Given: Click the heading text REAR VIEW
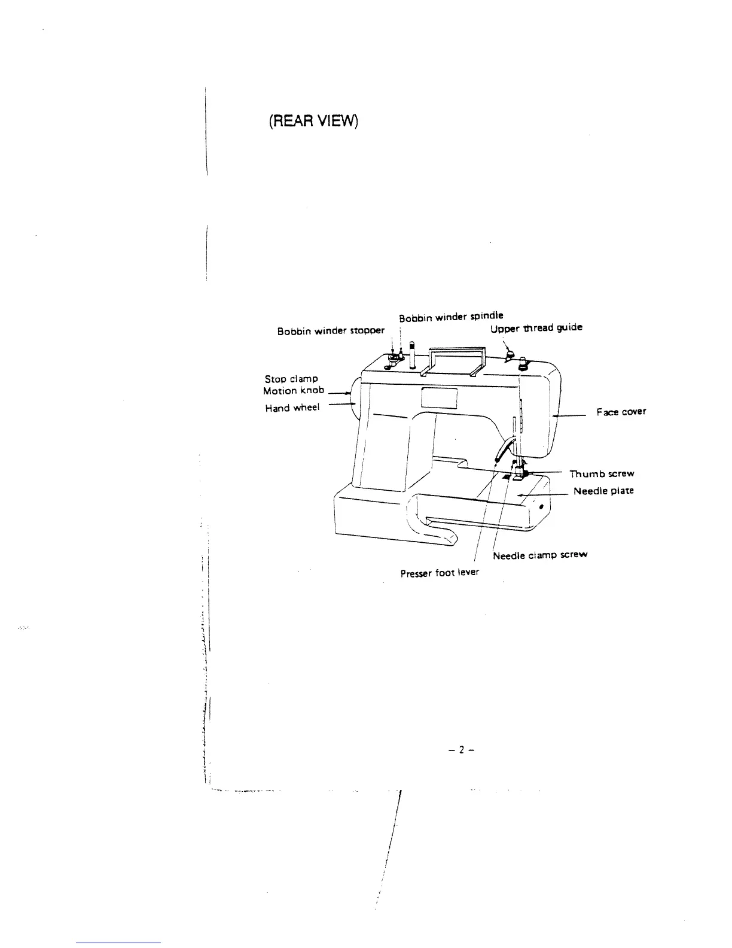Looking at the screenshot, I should (313, 121).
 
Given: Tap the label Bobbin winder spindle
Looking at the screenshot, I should (451, 315).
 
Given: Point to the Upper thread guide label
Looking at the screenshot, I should (536, 328).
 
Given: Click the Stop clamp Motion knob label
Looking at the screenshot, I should (294, 385).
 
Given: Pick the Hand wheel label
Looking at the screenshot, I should (292, 408).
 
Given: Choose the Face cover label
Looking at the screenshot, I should (621, 412).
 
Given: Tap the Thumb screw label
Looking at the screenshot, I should (601, 474).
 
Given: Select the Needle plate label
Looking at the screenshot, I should (603, 491).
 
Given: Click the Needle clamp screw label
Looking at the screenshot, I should (540, 555).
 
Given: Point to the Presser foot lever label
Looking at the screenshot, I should (440, 572).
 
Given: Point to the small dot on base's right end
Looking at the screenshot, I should (541, 507).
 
